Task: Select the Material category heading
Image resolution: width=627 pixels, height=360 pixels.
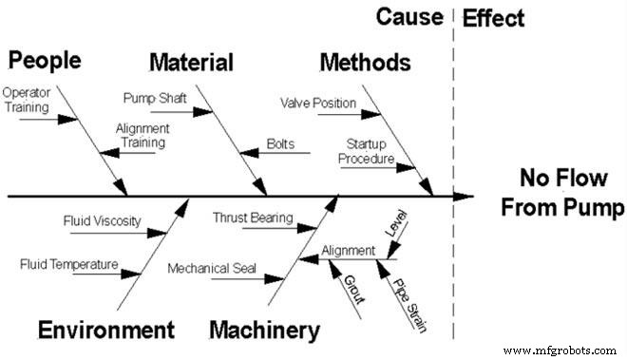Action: coord(191,64)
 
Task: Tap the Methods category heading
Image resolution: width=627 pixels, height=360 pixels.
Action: coord(365,64)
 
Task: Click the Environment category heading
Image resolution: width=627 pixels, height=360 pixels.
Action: coord(106,331)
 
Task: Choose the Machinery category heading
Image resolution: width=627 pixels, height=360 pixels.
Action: coord(264,331)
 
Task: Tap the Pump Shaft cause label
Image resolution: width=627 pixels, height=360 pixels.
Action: coord(156,98)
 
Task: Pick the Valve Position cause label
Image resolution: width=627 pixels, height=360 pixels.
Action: coord(318,103)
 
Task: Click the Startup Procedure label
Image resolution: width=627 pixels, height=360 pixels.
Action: coord(366,152)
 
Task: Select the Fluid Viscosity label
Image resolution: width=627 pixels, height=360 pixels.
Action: coord(102,221)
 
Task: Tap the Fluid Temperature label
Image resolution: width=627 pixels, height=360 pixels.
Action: coord(69,264)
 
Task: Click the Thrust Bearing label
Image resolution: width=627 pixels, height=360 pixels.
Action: coord(252,218)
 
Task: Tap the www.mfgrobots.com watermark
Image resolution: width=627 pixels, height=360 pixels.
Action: coord(562,351)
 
